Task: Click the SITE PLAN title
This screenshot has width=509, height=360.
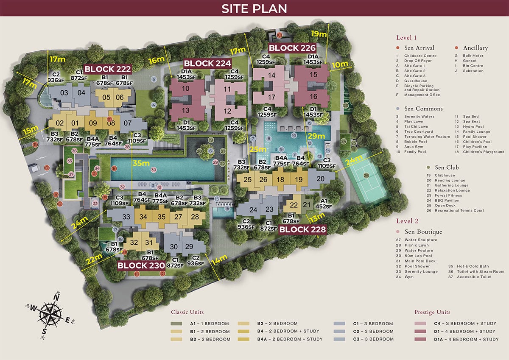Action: [x=254, y=8]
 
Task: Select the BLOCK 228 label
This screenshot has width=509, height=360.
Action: [x=302, y=229]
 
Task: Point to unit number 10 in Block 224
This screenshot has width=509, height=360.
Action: [x=186, y=89]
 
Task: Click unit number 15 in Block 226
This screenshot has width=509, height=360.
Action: [x=314, y=75]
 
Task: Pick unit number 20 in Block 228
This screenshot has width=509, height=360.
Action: [x=320, y=179]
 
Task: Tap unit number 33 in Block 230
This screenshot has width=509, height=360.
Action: [x=126, y=217]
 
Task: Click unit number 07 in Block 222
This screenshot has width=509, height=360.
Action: [x=126, y=124]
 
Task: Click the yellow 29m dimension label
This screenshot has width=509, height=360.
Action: [x=316, y=136]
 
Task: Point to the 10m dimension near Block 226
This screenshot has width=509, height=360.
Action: [x=339, y=64]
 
